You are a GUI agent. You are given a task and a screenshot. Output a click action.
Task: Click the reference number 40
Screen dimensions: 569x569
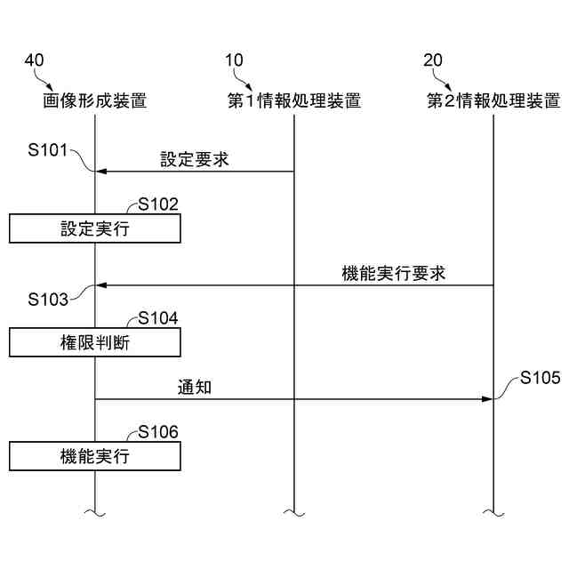34,60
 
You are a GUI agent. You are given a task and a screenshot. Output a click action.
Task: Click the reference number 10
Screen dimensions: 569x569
234,60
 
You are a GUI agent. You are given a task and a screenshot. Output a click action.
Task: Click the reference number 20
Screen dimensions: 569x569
433,60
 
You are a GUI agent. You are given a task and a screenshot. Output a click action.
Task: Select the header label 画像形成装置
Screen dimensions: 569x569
95,100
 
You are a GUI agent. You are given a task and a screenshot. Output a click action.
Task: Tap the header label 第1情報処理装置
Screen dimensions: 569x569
294,100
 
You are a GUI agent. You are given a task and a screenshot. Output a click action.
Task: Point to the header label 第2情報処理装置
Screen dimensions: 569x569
493,100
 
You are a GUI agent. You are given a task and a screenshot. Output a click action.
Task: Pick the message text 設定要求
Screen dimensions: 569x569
195,159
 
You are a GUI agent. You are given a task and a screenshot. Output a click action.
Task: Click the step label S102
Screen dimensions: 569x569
158,204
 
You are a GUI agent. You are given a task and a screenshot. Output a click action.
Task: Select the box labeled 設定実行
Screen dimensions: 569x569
95,228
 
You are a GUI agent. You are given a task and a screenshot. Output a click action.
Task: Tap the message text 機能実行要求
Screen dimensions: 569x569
394,274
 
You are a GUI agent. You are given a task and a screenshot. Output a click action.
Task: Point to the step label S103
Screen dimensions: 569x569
48,300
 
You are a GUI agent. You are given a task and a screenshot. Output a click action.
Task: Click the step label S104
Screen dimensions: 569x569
158,318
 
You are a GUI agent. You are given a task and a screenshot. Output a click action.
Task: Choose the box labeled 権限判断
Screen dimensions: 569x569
95,342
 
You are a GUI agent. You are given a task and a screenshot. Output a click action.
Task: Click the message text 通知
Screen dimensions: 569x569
193,388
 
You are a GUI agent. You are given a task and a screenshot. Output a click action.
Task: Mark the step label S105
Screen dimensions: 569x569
541,378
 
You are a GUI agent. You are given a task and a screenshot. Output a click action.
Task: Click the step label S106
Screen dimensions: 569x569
158,433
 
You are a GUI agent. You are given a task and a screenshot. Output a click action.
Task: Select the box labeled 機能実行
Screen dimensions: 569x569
95,457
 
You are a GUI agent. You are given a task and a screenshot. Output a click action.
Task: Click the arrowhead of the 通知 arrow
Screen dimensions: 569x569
487,399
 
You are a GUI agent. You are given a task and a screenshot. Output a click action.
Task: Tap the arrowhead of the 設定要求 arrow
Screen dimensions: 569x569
101,172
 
